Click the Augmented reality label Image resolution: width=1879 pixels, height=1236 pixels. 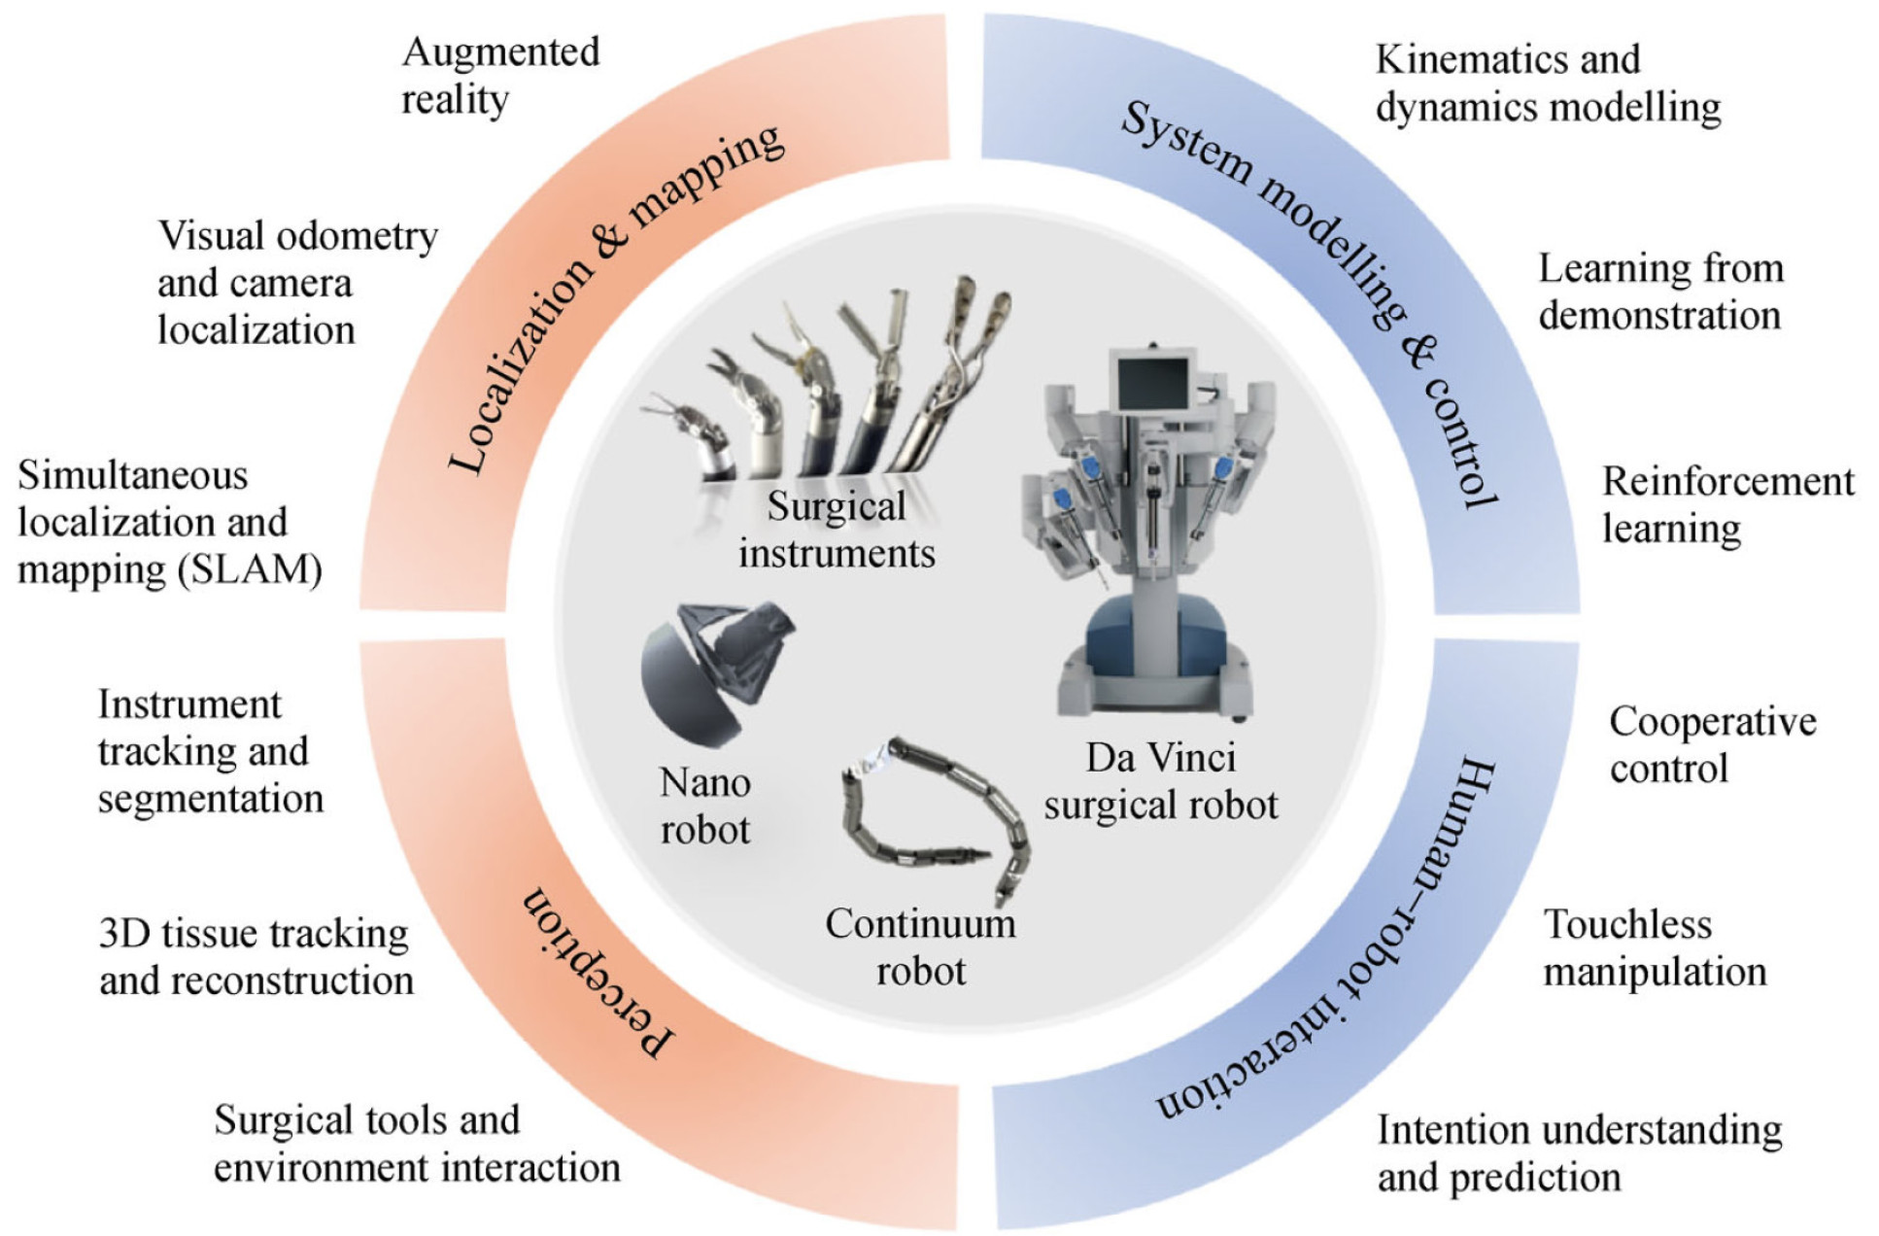[x=500, y=76]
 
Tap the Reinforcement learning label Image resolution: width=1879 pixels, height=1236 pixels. [x=1727, y=505]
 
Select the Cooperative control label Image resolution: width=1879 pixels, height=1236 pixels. [x=1712, y=745]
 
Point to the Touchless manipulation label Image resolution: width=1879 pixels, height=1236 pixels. [x=1654, y=948]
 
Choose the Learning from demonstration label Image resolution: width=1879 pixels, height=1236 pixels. [x=1660, y=292]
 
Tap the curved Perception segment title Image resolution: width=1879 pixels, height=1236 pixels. [x=597, y=972]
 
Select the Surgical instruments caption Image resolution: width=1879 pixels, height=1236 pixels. [x=837, y=530]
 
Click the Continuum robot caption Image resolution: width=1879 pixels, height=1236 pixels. [x=920, y=947]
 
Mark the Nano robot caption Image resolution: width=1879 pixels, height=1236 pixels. [x=705, y=806]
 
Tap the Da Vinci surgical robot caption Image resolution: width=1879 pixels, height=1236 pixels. [x=1161, y=781]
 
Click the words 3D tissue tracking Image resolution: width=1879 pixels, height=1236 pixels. [x=253, y=934]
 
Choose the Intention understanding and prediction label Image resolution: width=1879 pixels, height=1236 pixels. [x=1580, y=1153]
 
